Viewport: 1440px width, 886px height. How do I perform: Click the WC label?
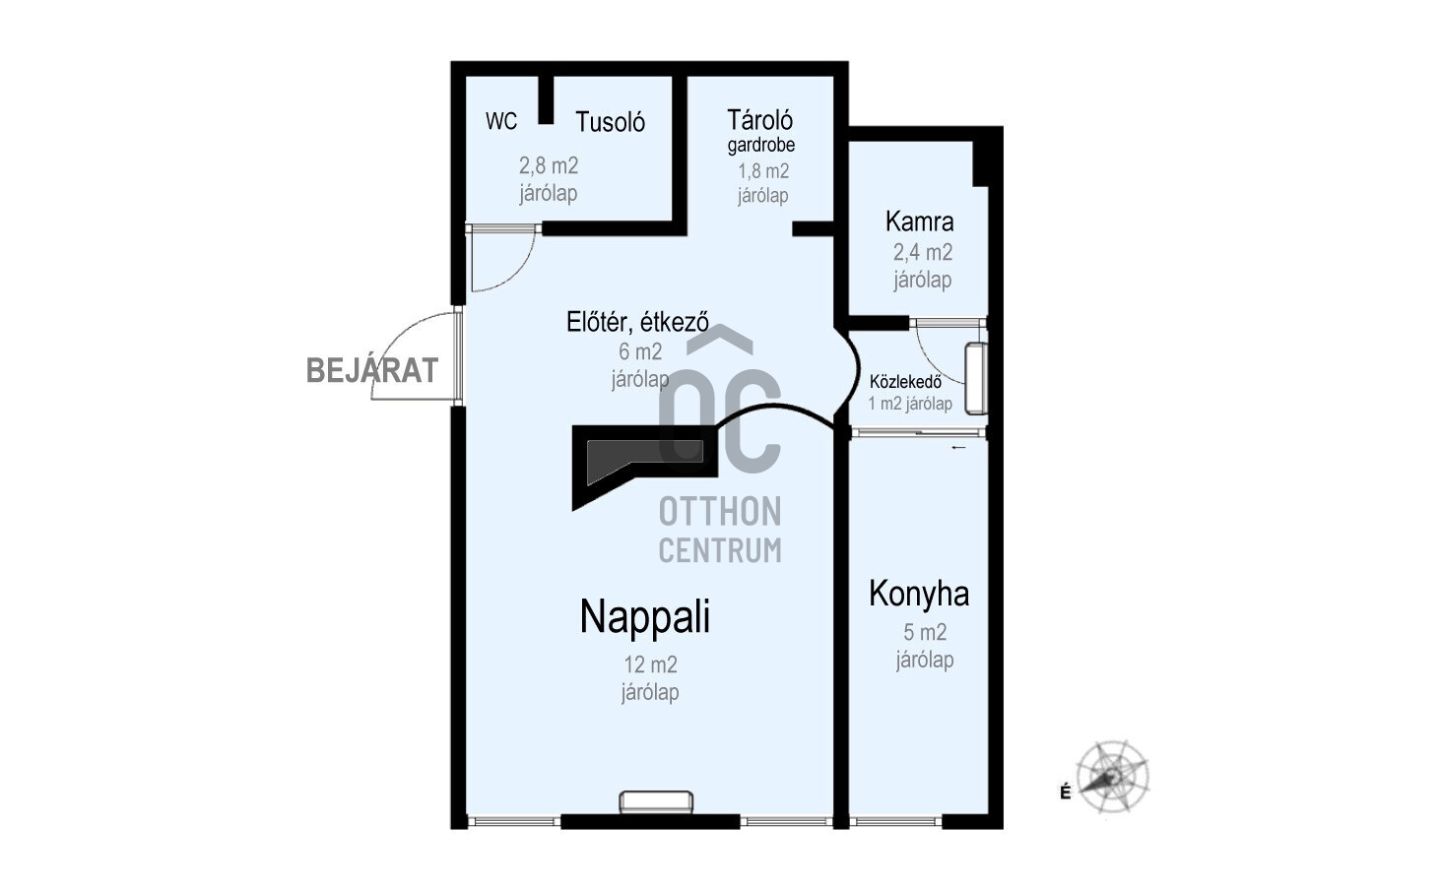point(501,121)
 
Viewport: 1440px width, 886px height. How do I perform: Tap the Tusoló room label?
point(610,122)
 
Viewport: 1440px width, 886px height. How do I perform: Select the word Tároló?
point(759,120)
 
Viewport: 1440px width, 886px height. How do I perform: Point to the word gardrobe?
point(761,145)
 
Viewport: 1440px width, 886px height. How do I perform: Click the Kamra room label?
point(919,221)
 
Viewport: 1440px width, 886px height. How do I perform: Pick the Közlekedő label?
point(906,382)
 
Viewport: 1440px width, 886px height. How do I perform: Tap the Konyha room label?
point(919,594)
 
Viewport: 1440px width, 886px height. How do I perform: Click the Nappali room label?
point(645,617)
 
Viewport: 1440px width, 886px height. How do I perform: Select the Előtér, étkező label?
point(637,322)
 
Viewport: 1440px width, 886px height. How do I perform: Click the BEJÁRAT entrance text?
point(372,371)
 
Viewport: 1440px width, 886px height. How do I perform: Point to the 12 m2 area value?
point(651,664)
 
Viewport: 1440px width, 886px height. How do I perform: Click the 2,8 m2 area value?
point(549,166)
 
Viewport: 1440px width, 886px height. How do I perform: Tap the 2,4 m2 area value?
point(923,252)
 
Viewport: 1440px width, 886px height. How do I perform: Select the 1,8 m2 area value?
point(763,171)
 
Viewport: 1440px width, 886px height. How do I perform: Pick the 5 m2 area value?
point(925,632)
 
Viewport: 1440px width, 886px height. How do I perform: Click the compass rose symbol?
point(1112,777)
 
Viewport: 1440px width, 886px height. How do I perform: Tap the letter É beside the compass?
point(1066,792)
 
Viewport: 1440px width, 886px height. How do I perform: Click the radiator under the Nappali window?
point(656,802)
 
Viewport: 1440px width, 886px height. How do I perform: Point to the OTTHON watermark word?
point(720,512)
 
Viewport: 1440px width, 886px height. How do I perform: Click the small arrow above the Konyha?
point(958,447)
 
